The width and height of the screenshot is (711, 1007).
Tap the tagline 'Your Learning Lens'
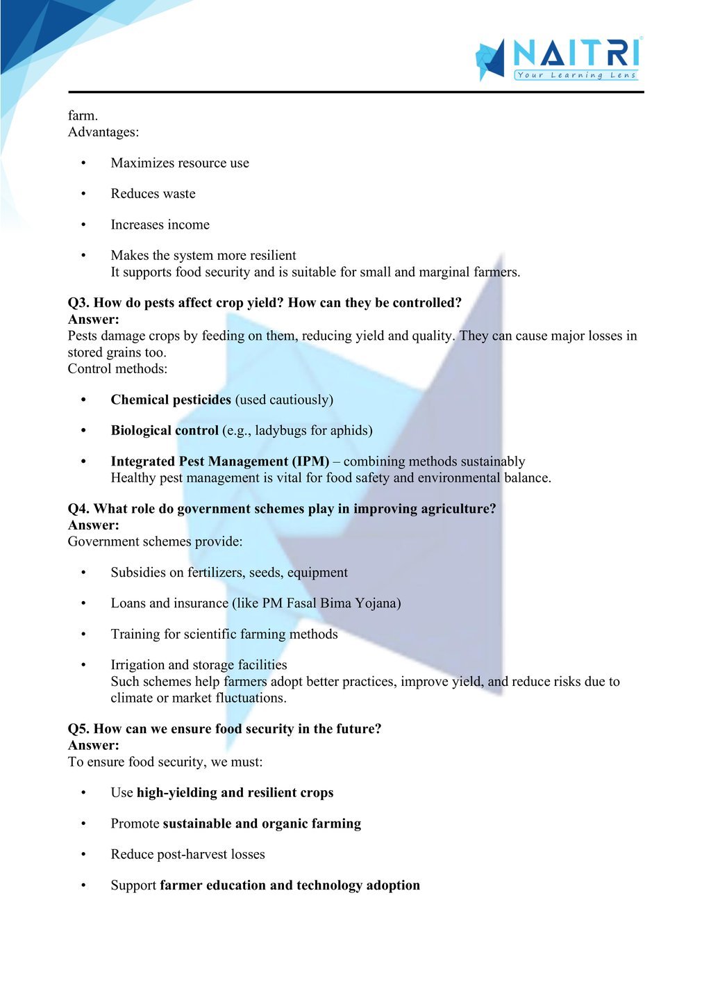pyautogui.click(x=576, y=75)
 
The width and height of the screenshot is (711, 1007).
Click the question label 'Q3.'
pyautogui.click(x=79, y=303)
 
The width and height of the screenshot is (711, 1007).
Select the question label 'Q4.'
pyautogui.click(x=79, y=509)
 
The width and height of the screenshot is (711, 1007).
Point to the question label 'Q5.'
pyautogui.click(x=79, y=729)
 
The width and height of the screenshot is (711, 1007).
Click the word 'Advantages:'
pyautogui.click(x=103, y=132)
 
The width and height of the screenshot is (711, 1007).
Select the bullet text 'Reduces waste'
pyautogui.click(x=153, y=194)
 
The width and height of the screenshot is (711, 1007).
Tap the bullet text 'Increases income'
pyautogui.click(x=160, y=224)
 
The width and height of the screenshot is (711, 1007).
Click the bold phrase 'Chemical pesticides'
pyautogui.click(x=171, y=400)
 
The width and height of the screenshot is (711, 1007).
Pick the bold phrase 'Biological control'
pyautogui.click(x=165, y=430)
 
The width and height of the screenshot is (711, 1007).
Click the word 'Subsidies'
pyautogui.click(x=138, y=573)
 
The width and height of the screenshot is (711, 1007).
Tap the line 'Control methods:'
pyautogui.click(x=117, y=369)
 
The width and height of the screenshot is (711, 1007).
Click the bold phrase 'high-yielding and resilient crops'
pyautogui.click(x=235, y=793)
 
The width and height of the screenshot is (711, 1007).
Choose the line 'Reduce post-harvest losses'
pyautogui.click(x=187, y=854)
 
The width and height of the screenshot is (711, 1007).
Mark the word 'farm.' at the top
pyautogui.click(x=83, y=115)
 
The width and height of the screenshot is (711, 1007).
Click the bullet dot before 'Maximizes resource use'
pyautogui.click(x=83, y=163)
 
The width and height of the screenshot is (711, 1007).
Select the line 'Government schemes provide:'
pyautogui.click(x=155, y=541)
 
